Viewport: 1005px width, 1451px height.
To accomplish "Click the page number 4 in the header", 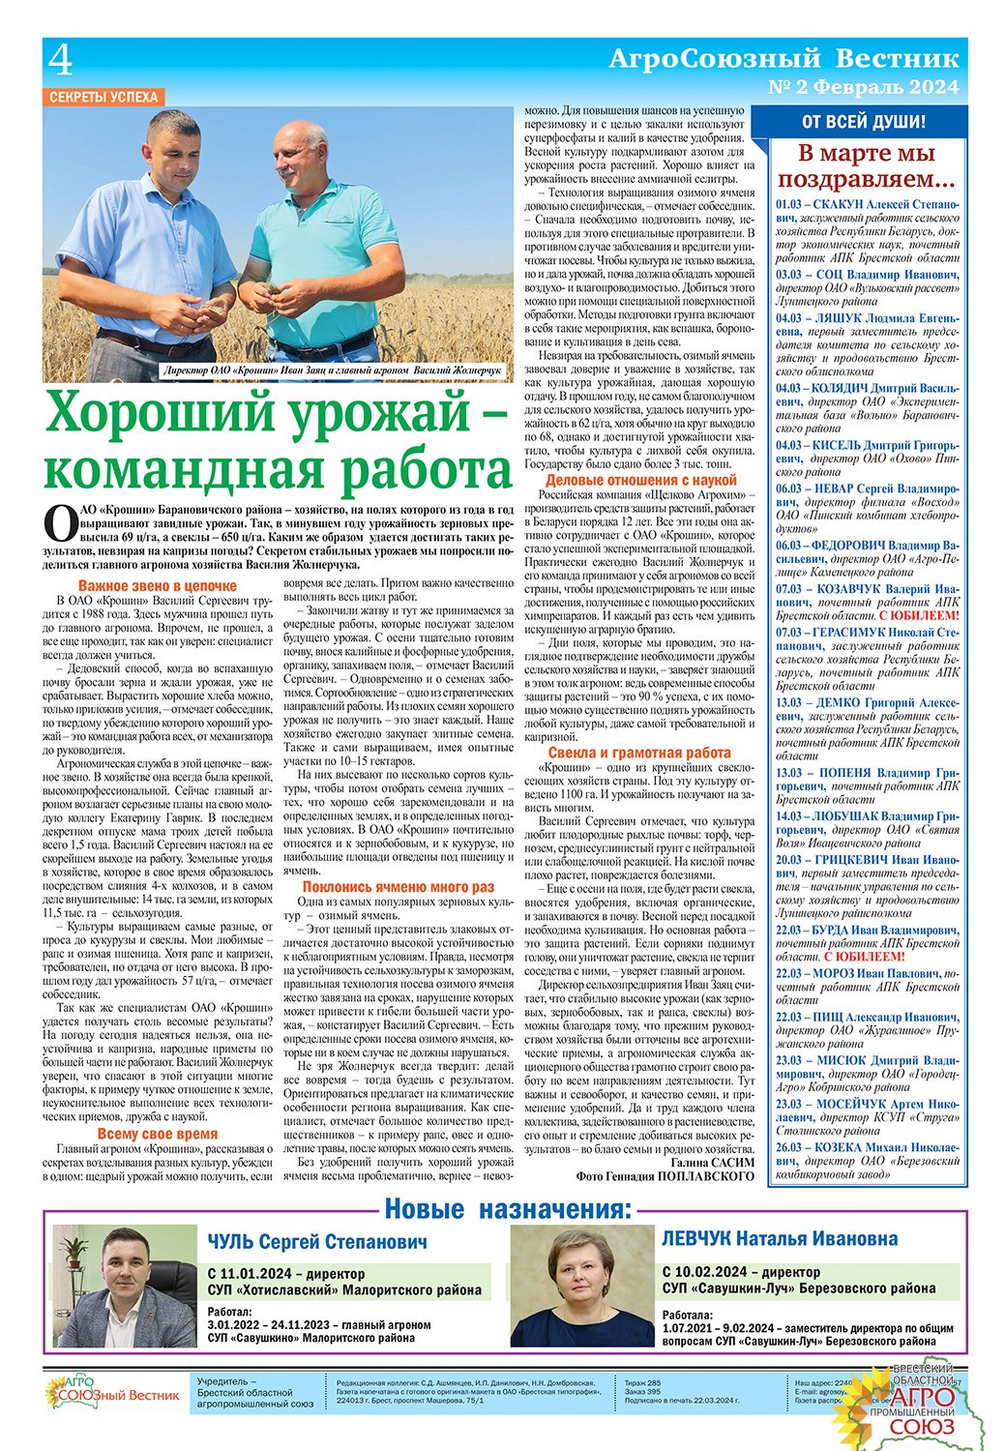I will (60, 62).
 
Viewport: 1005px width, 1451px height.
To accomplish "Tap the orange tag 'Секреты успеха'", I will (103, 97).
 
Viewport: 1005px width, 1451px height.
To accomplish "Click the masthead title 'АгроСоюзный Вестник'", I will (783, 58).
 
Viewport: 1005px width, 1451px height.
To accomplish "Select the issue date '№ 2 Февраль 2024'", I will (863, 87).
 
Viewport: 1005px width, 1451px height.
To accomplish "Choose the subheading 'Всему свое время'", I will (157, 1134).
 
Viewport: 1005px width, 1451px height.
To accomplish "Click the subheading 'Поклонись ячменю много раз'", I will (398, 886).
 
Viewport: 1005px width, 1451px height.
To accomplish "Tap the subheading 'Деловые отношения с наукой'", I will (640, 480).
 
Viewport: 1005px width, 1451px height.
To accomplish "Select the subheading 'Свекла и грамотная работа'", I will (639, 753).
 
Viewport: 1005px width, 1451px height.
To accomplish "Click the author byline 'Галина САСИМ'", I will (711, 1161).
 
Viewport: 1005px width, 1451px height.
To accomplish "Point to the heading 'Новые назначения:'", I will (508, 1209).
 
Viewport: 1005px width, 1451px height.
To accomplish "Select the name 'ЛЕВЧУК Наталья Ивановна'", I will (780, 1239).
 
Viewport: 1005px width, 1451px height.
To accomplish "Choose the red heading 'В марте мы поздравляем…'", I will (866, 165).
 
